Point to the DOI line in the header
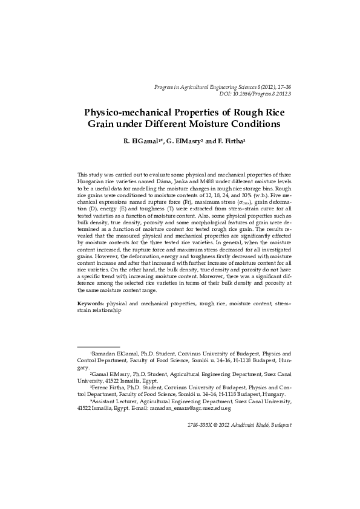click(x=255, y=94)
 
